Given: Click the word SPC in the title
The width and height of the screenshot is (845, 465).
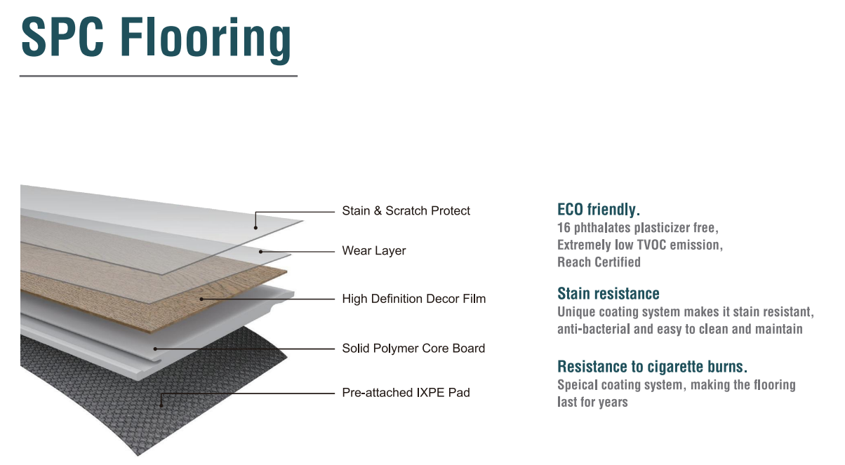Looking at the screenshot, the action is pyautogui.click(x=62, y=37).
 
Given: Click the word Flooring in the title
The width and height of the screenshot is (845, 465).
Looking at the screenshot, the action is pyautogui.click(x=206, y=40).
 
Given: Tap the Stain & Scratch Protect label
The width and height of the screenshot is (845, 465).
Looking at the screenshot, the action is pyautogui.click(x=406, y=211).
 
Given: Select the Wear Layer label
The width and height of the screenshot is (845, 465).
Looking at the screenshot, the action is pyautogui.click(x=374, y=251).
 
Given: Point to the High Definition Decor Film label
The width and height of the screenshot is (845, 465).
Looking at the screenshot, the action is pyautogui.click(x=414, y=299).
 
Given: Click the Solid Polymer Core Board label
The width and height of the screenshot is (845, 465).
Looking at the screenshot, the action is pyautogui.click(x=413, y=348).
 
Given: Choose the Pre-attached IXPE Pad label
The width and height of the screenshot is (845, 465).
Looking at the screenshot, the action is pyautogui.click(x=406, y=393).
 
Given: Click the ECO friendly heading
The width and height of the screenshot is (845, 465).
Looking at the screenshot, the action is pyautogui.click(x=599, y=209).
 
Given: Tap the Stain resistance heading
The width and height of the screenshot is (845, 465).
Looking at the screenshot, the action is pyautogui.click(x=608, y=293).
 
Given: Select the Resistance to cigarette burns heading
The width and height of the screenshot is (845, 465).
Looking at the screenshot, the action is pyautogui.click(x=652, y=366).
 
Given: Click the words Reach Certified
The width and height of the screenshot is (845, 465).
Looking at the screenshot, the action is pyautogui.click(x=599, y=262).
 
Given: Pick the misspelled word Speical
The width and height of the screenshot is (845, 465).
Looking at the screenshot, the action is pyautogui.click(x=578, y=385).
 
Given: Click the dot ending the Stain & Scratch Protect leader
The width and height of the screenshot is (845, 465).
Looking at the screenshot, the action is pyautogui.click(x=255, y=228).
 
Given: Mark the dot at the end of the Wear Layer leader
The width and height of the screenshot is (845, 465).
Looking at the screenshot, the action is pyautogui.click(x=260, y=252).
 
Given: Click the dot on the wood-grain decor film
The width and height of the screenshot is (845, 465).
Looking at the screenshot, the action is pyautogui.click(x=201, y=299).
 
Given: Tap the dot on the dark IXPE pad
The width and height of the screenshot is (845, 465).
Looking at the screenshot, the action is pyautogui.click(x=161, y=406).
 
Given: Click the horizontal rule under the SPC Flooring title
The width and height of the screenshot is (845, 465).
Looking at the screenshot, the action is pyautogui.click(x=159, y=76).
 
